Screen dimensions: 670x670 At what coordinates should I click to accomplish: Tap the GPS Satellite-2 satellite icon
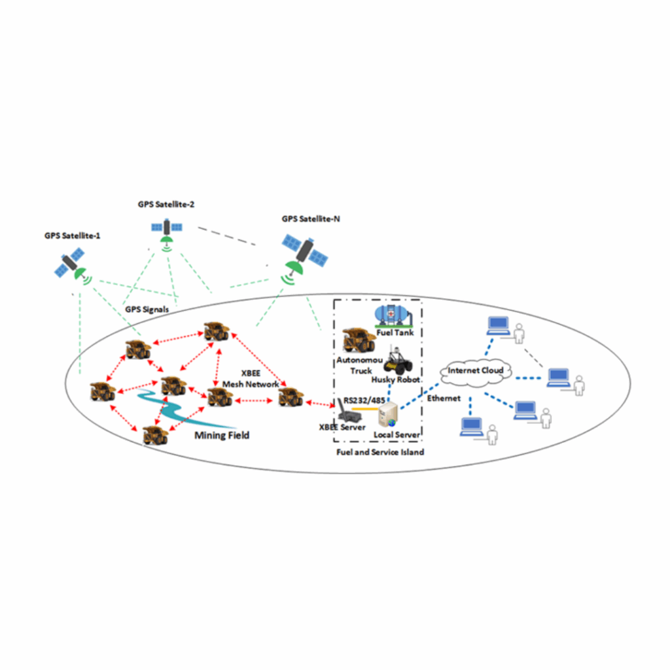point(167,228)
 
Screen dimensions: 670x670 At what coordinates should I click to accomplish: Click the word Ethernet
point(444,398)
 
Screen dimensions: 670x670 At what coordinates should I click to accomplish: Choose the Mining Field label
point(222,435)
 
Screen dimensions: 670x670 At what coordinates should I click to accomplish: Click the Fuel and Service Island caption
point(379,452)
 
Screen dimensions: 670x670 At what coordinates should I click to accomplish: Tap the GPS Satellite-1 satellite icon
point(70,266)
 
